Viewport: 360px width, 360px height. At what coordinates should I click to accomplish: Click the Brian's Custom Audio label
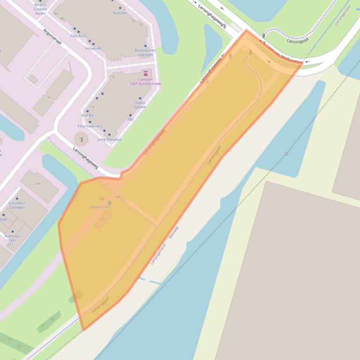point(40,9)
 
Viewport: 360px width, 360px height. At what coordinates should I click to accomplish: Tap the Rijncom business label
point(120,13)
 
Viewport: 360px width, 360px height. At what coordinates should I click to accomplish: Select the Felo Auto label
point(79,36)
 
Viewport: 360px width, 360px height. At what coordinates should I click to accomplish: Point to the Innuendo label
point(93,48)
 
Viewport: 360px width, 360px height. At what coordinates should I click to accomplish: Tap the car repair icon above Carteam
point(146,74)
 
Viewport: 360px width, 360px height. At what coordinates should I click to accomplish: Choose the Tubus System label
point(140,105)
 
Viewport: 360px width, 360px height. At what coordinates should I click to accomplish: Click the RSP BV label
point(88,115)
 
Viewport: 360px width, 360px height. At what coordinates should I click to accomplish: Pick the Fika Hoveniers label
point(90,126)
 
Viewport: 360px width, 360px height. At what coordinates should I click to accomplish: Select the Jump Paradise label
point(109,139)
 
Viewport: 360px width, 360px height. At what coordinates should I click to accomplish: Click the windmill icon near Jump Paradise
point(81,138)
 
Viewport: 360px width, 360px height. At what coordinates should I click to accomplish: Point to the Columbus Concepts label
point(17,205)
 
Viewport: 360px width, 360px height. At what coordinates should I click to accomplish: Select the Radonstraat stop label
point(99,207)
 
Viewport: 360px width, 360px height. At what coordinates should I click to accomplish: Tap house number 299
point(37,184)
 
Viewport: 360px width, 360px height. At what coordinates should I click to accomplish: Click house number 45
point(49,98)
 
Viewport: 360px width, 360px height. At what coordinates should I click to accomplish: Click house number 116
point(111,77)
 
